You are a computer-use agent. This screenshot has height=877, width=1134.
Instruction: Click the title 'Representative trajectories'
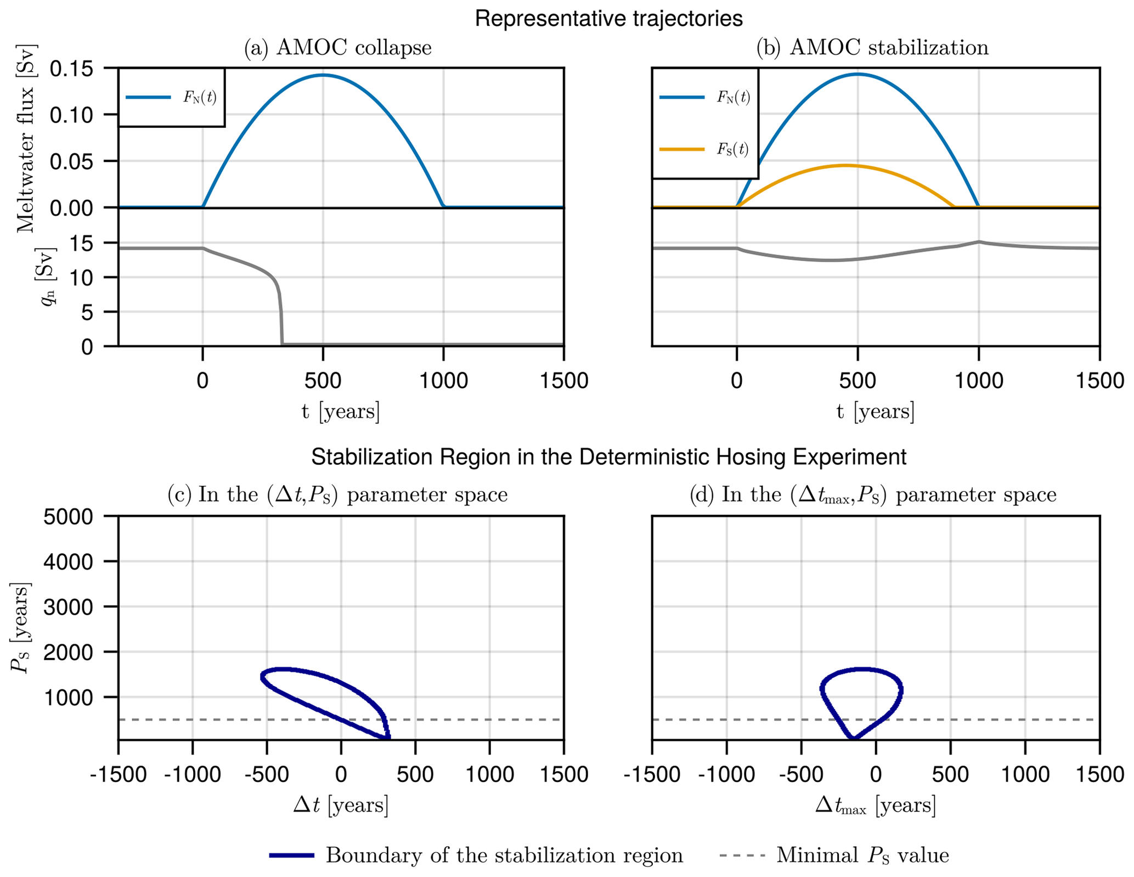point(608,19)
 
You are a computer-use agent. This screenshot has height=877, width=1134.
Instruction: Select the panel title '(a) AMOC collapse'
point(337,48)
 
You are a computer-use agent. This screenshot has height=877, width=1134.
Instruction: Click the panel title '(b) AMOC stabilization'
point(872,48)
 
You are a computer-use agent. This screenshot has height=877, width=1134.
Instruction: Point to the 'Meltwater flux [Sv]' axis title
point(25,138)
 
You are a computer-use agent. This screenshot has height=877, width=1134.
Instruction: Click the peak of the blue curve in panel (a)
point(323,75)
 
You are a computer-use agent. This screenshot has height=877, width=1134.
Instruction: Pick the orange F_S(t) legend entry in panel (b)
point(704,149)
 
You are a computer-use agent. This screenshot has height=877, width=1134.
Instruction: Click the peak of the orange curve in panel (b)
point(845,165)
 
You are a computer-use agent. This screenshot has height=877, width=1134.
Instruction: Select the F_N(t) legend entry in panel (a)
point(171,98)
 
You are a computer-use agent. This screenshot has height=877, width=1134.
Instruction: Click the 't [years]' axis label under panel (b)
point(875,411)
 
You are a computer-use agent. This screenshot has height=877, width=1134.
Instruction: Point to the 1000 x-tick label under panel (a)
point(443,380)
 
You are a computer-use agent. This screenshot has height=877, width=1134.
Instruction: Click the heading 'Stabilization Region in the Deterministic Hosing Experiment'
point(608,457)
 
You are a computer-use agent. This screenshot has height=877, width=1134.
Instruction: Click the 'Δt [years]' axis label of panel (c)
point(340,805)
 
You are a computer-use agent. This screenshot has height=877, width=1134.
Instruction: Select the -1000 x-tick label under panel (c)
point(192,774)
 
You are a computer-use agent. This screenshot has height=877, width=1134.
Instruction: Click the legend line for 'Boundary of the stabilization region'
point(292,856)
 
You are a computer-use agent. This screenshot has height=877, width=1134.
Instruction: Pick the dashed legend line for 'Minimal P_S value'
point(742,856)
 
